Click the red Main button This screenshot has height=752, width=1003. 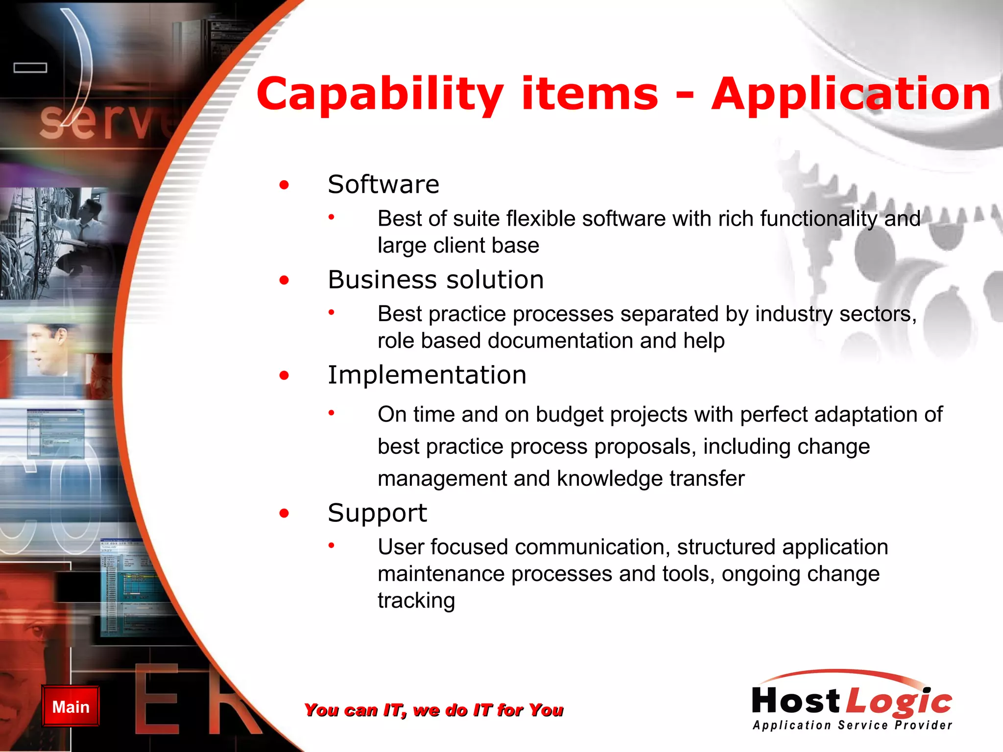(71, 706)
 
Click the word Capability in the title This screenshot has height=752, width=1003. (380, 94)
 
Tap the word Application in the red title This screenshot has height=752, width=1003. (851, 94)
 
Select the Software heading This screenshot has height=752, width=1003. (383, 185)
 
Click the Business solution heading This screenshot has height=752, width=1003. (435, 280)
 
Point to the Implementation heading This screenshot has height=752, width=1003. (427, 376)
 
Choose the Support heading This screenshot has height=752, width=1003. (377, 513)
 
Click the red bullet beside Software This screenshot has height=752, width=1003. (284, 185)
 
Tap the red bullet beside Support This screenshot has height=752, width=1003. (284, 514)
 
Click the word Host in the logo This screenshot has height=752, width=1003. (796, 701)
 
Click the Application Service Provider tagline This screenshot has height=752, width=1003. (852, 726)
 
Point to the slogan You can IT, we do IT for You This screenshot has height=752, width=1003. (433, 710)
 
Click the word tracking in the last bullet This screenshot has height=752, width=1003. (416, 601)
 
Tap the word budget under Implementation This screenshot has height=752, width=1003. (570, 415)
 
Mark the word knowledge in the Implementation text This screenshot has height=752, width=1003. (609, 479)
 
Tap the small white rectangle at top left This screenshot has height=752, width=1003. (30, 68)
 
